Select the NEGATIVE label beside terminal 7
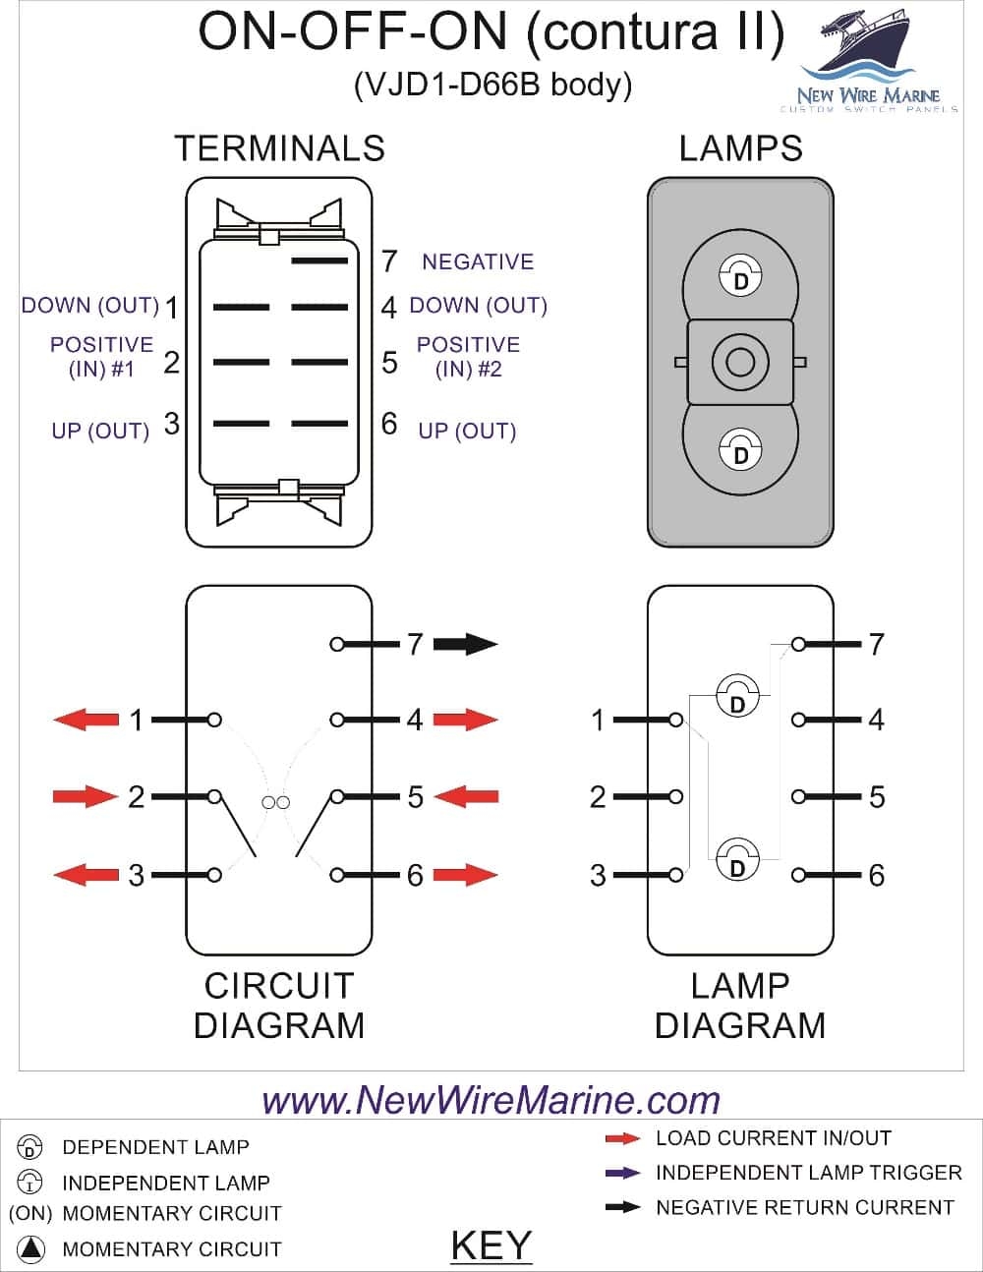click(478, 261)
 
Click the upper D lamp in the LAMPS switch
click(740, 276)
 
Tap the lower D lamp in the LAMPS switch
click(740, 449)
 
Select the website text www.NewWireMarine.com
click(491, 1099)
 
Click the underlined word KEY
click(491, 1245)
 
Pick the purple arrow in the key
click(622, 1173)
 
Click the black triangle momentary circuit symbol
click(31, 1248)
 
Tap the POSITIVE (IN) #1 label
click(101, 357)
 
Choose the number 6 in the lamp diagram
click(876, 875)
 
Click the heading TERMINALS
click(279, 148)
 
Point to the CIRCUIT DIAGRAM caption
click(279, 1006)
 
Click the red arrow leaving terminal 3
click(85, 874)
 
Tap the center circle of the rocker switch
click(740, 362)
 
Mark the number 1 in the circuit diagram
click(137, 721)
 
